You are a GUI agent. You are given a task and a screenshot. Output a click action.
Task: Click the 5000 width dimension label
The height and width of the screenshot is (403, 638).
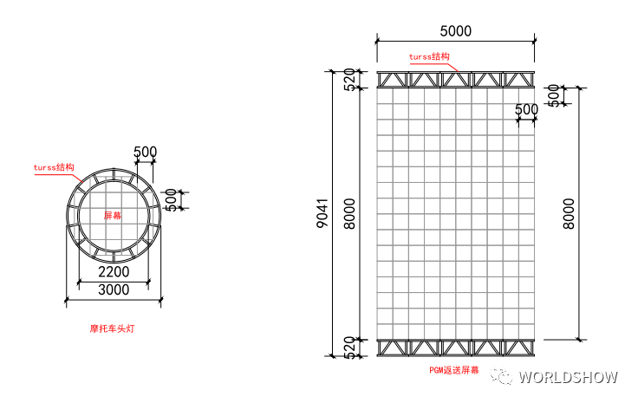[455, 31]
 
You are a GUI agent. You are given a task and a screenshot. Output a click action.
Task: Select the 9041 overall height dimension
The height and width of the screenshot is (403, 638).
[322, 213]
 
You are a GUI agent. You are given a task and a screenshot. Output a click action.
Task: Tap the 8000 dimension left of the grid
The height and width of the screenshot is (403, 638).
[349, 214]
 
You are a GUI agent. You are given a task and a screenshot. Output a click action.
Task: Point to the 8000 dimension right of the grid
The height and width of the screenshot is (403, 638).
[569, 214]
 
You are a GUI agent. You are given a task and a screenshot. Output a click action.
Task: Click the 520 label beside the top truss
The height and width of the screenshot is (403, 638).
[350, 79]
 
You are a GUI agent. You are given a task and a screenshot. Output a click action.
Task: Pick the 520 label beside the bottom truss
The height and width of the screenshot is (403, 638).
[350, 348]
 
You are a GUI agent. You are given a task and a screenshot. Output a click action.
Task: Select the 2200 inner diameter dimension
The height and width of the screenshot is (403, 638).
[114, 271]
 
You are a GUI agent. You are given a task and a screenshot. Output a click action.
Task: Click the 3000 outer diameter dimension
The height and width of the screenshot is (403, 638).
[114, 289]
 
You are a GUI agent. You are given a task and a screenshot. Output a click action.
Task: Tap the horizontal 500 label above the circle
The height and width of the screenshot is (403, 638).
[146, 152]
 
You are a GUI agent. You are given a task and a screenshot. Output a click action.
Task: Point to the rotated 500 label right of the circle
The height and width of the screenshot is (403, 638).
[171, 200]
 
